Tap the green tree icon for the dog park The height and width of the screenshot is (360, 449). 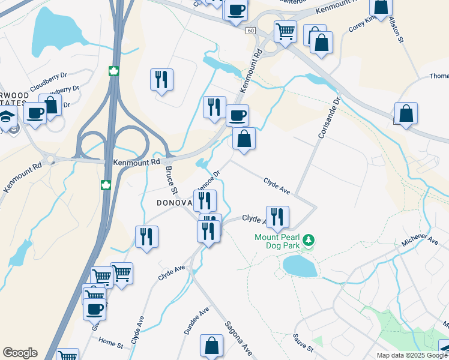click(x=309, y=241)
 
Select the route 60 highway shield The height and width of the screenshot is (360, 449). click(x=250, y=31)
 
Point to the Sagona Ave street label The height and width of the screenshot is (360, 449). click(x=238, y=338)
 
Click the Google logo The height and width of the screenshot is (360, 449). click(x=20, y=353)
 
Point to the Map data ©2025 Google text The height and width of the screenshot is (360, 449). click(x=412, y=355)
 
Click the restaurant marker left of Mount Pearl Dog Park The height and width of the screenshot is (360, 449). click(x=277, y=217)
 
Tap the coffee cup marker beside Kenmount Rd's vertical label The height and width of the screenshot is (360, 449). click(x=237, y=114)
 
